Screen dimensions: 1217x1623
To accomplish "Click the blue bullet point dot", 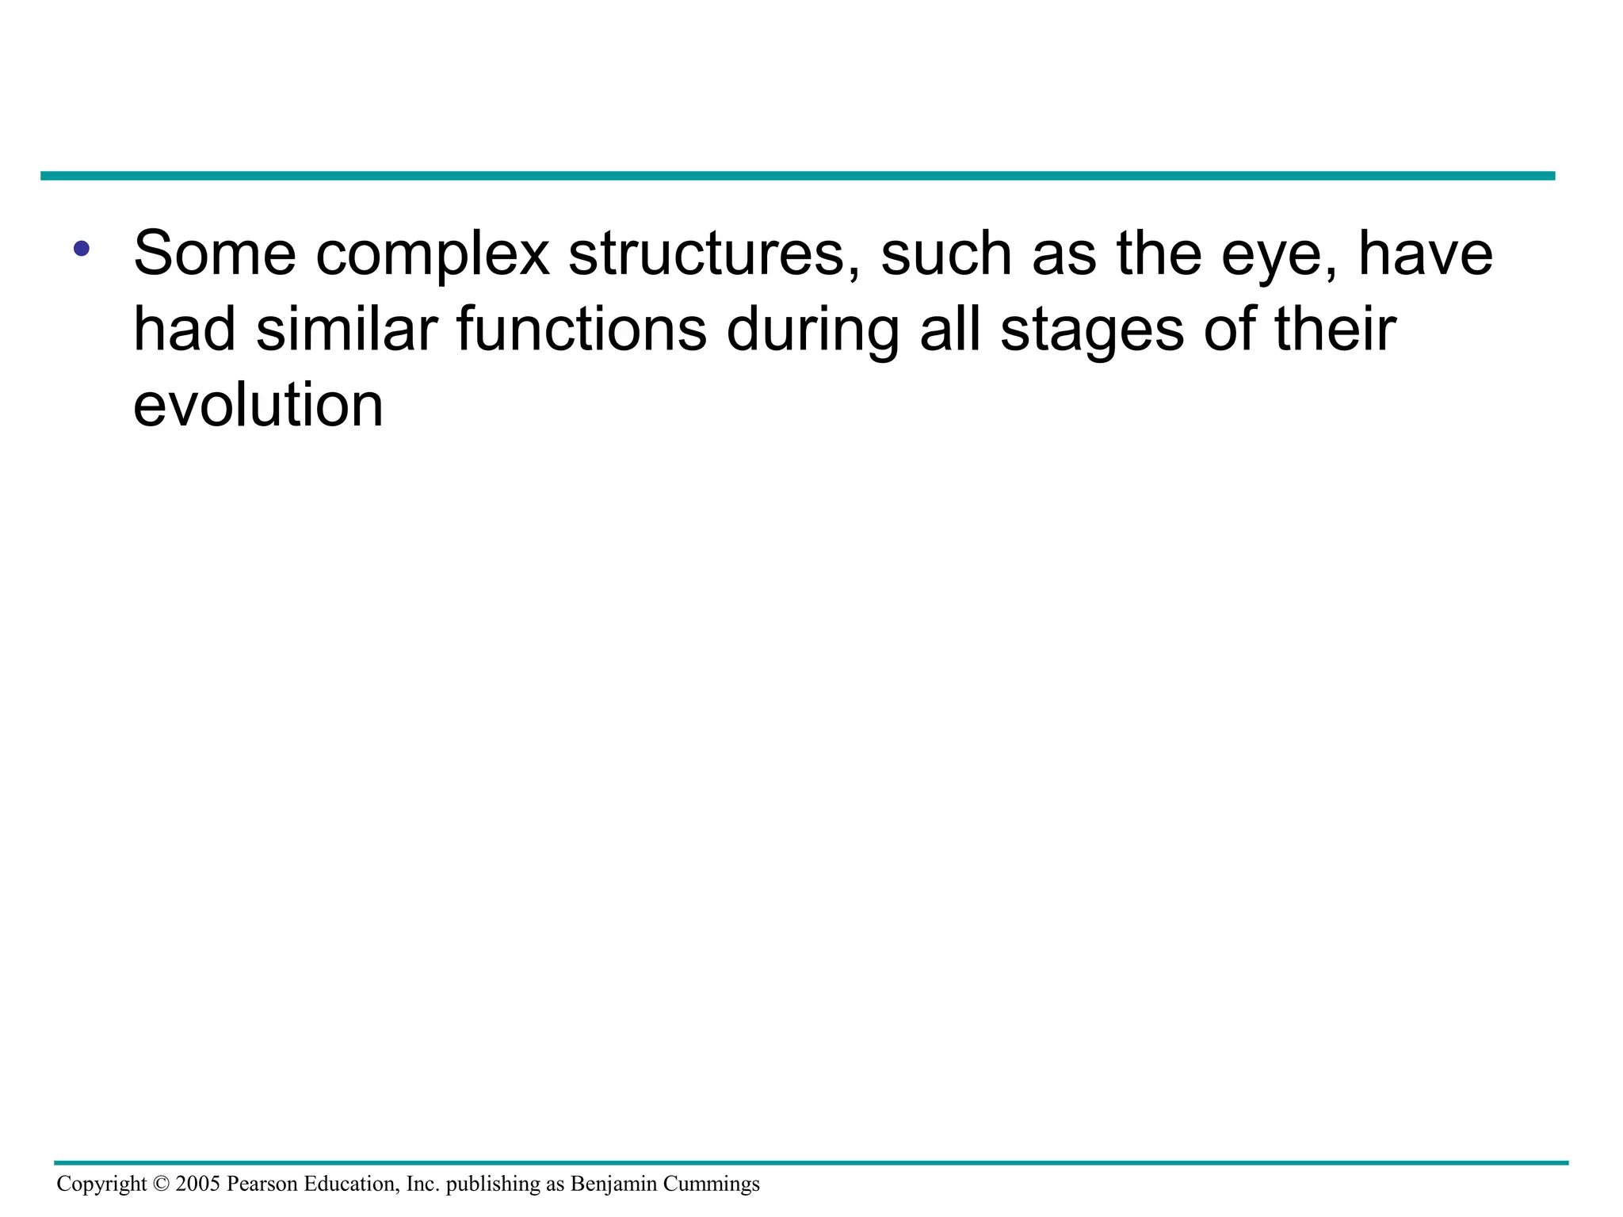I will point(81,249).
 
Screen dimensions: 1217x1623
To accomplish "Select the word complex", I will point(433,255).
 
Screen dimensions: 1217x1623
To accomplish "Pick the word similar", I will point(347,330).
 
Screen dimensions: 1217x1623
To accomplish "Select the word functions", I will point(582,330).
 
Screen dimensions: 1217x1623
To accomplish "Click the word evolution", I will point(258,406).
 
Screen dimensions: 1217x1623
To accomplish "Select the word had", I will point(185,330).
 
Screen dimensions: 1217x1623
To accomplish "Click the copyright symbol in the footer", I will point(161,1184).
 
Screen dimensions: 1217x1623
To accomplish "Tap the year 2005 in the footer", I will point(198,1184).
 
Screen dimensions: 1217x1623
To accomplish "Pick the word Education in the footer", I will point(349,1184).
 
